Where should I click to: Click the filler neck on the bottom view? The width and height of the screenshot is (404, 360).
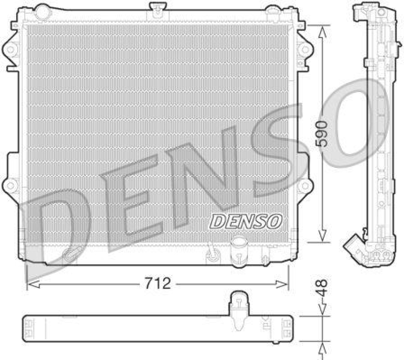tap(237, 304)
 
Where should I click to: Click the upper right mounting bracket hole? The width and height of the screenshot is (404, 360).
tap(304, 49)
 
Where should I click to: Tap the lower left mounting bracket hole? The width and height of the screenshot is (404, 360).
tap(9, 186)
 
